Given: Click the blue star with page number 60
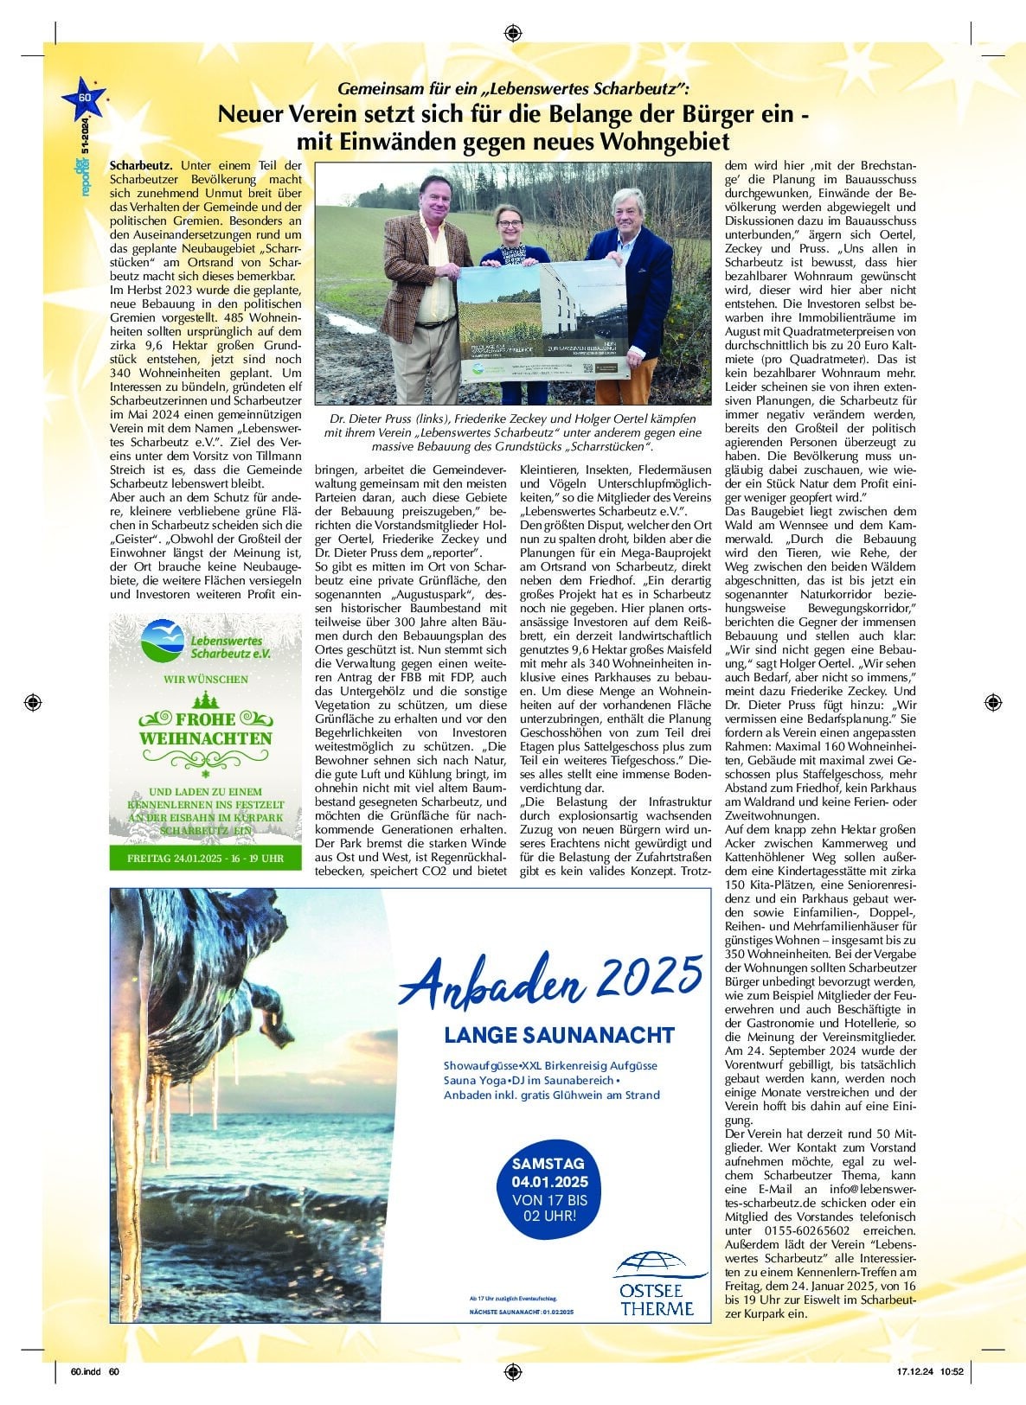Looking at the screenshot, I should click(84, 98).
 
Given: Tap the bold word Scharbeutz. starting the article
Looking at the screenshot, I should click(141, 165).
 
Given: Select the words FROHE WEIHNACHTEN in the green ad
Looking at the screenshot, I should click(205, 728).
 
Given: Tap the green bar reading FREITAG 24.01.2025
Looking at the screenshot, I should click(205, 859).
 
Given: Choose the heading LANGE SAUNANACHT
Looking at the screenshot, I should click(559, 1035).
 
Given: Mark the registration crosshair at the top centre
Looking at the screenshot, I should click(512, 33).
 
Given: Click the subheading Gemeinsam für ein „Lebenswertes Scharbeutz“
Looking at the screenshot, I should click(512, 89).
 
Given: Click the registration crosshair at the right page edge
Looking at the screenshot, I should click(992, 700).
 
